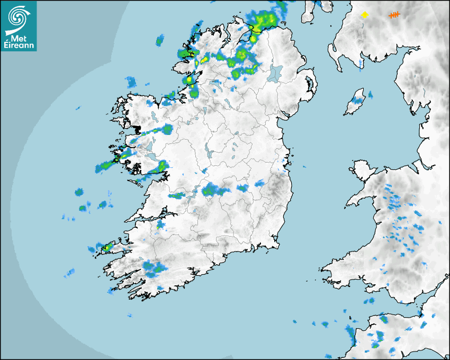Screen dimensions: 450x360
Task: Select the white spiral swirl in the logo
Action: click(18, 17)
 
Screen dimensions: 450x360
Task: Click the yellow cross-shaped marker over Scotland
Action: click(364, 15)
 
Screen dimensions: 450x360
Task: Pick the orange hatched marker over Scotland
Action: click(394, 15)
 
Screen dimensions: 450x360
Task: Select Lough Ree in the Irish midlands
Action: click(208, 151)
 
